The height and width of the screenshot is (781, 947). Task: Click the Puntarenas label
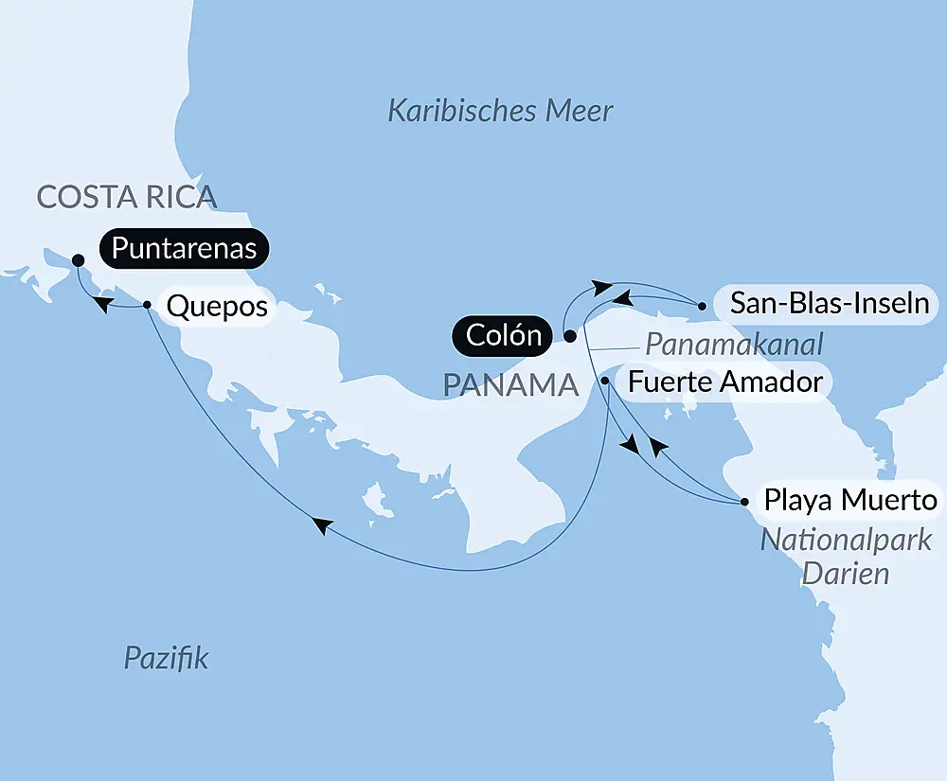pos(186,249)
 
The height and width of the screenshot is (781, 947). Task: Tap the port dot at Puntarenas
pos(78,260)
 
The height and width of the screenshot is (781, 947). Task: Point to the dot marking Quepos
pos(147,305)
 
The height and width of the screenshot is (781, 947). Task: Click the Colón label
pos(504,335)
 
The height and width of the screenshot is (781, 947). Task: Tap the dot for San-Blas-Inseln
pos(701,306)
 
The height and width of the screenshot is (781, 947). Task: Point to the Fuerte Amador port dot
pos(604,381)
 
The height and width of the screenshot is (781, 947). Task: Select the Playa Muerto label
pos(850,500)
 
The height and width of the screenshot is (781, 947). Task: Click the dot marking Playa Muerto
pos(744,500)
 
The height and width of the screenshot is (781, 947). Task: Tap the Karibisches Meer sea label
pos(501,111)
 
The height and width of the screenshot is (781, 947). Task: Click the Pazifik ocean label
pos(167,658)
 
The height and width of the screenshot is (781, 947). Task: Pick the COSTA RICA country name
pos(127,197)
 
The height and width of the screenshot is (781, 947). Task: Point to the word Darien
pos(846,572)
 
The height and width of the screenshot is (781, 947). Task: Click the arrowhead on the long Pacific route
pos(323,525)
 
